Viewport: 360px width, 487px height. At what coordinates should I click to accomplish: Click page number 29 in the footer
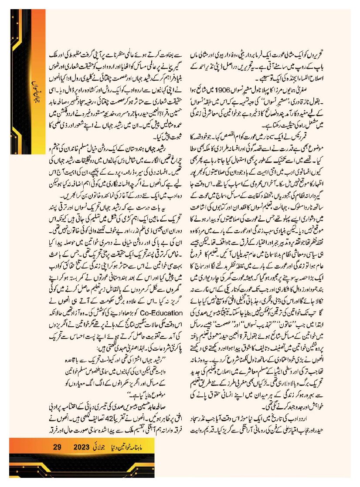point(58,446)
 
